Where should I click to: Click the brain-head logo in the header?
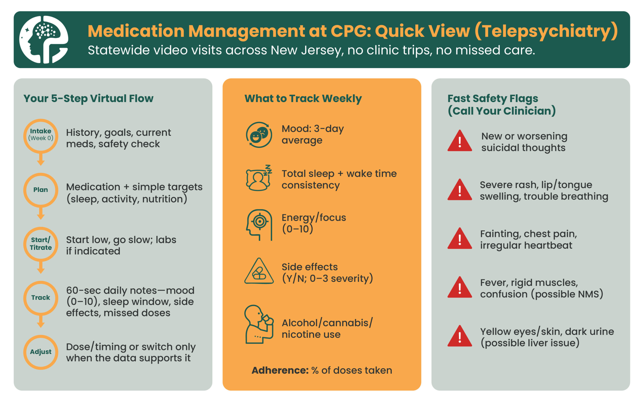click(x=44, y=40)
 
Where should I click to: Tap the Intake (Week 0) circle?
click(x=41, y=136)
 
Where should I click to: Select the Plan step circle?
click(x=41, y=190)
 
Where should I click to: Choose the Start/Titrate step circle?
click(x=41, y=244)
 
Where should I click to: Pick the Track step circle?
click(x=41, y=298)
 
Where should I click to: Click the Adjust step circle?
click(x=41, y=352)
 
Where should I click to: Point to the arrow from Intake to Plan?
click(x=41, y=160)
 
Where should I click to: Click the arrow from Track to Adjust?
click(x=41, y=321)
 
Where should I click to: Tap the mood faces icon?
click(x=259, y=135)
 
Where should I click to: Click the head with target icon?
click(x=259, y=225)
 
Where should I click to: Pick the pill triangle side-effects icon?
click(x=259, y=271)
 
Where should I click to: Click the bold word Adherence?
click(x=280, y=370)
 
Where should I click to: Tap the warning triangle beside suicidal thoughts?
click(x=460, y=141)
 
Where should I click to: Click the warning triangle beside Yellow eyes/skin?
click(x=460, y=336)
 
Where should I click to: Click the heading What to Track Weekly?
click(x=303, y=98)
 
